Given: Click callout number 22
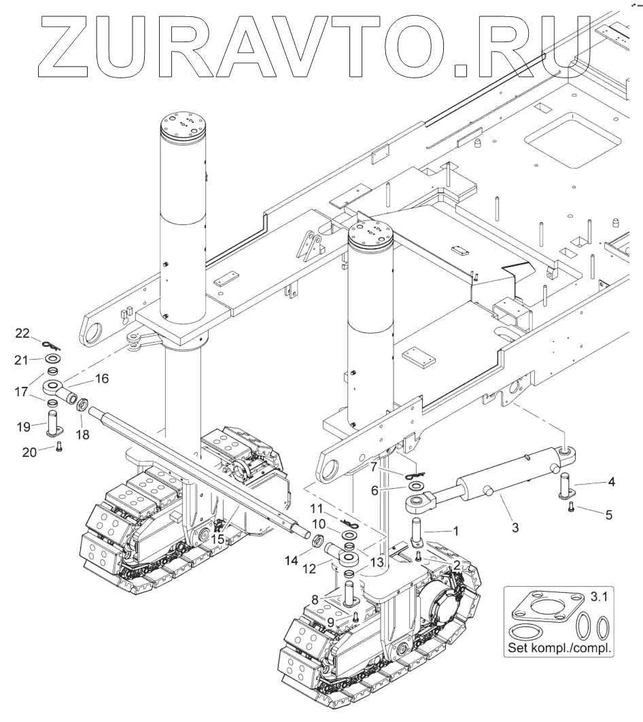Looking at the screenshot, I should coord(22,332).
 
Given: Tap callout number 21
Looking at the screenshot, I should coord(22,358).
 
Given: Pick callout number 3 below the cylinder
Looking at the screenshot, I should coord(515,527).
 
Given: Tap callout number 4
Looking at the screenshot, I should coord(612,483).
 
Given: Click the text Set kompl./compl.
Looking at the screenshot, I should coord(560,648).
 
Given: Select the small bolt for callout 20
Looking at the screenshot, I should coord(58,447).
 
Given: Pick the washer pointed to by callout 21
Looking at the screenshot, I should coord(52,358).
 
